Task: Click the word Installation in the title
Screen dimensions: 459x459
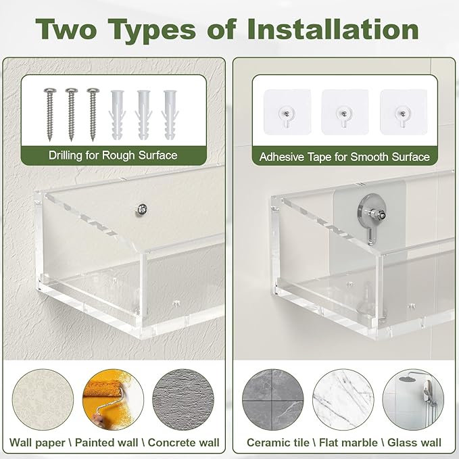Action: tap(333, 29)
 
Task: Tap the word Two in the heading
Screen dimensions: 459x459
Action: tap(66, 29)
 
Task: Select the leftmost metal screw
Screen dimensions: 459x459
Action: tap(49, 114)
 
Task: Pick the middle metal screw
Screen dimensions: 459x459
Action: tap(71, 114)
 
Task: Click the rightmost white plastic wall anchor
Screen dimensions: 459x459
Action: tap(170, 115)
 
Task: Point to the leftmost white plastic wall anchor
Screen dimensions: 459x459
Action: tap(117, 115)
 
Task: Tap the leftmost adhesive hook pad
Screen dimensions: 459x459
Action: tap(287, 112)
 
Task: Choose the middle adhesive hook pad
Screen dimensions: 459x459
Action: tap(345, 112)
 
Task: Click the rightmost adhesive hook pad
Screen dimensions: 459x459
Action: tap(404, 112)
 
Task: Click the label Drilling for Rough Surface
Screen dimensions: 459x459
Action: tap(113, 155)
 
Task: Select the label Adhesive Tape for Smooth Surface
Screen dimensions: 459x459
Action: tap(345, 157)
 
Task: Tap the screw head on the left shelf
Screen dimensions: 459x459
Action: tap(141, 210)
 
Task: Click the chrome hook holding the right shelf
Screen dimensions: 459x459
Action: tap(372, 216)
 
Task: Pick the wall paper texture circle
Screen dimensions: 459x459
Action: tap(43, 400)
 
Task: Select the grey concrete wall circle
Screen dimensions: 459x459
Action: tap(183, 400)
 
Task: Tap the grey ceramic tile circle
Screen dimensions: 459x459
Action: tap(273, 400)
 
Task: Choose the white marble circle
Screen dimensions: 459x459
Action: tap(343, 400)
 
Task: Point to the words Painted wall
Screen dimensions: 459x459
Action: tap(106, 443)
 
